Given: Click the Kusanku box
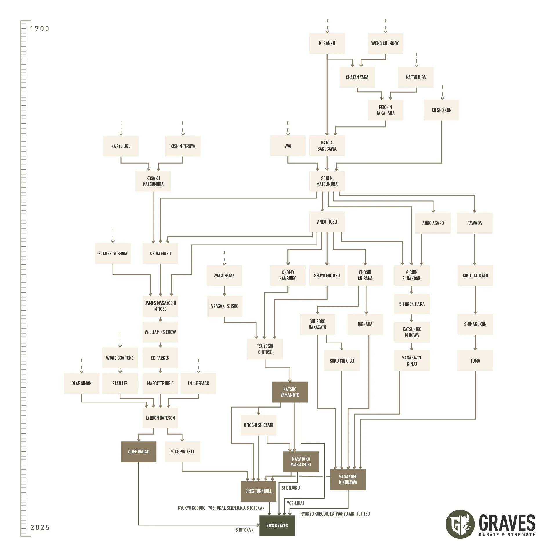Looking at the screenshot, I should point(327,44).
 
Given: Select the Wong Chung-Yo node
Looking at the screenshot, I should point(385,44).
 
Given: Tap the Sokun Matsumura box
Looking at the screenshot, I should point(327,181).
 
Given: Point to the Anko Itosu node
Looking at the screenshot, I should point(327,222).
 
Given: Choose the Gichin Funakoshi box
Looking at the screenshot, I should point(412,275).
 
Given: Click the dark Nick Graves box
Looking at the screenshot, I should point(277,525).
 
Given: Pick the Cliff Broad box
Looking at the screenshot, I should point(138,452).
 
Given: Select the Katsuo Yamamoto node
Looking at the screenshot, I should point(290,392).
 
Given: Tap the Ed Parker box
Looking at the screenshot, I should point(160,358).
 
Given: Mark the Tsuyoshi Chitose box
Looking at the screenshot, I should point(265,349).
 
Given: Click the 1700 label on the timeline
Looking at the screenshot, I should point(40,29).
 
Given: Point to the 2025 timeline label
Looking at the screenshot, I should point(40,527).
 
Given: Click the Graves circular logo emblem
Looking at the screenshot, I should point(460,524).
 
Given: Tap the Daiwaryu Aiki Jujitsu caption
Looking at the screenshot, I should point(350,514).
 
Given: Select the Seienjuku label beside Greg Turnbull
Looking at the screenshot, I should point(291,488).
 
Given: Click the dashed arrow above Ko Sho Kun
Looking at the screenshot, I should point(442,92).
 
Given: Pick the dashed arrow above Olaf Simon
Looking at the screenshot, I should point(82,366).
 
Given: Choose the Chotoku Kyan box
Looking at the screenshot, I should point(475,275).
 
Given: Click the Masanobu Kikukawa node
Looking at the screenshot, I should point(348,479).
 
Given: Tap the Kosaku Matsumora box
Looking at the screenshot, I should point(153,181).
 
